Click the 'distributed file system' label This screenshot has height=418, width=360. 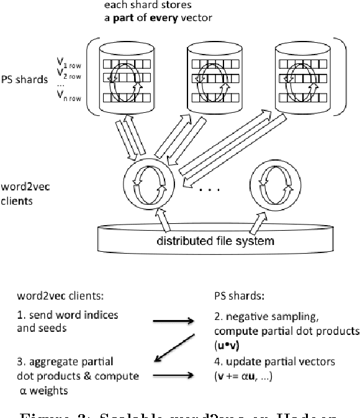point(214,239)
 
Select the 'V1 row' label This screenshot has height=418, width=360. point(68,63)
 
